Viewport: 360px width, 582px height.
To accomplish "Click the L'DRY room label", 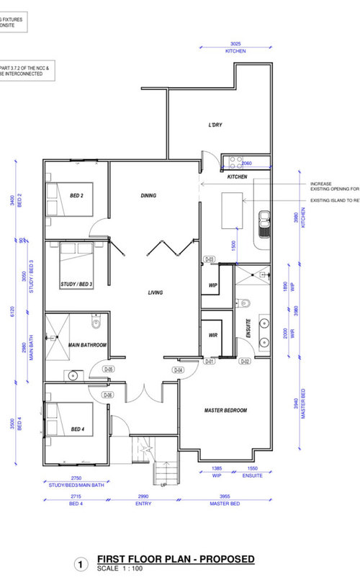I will (x=215, y=125).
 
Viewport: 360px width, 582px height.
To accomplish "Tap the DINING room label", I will (x=148, y=195).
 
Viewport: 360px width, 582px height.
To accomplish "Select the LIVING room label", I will (x=155, y=292).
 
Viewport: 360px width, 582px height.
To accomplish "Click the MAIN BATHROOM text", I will (x=88, y=345).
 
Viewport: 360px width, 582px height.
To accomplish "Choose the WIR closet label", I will (x=213, y=335).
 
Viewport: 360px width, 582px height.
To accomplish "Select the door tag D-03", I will (x=210, y=259).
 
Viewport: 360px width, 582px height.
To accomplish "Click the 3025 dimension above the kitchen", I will (x=235, y=45).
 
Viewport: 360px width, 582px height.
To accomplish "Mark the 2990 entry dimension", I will (x=143, y=496).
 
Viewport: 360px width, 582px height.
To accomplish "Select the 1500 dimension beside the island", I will (x=233, y=245).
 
